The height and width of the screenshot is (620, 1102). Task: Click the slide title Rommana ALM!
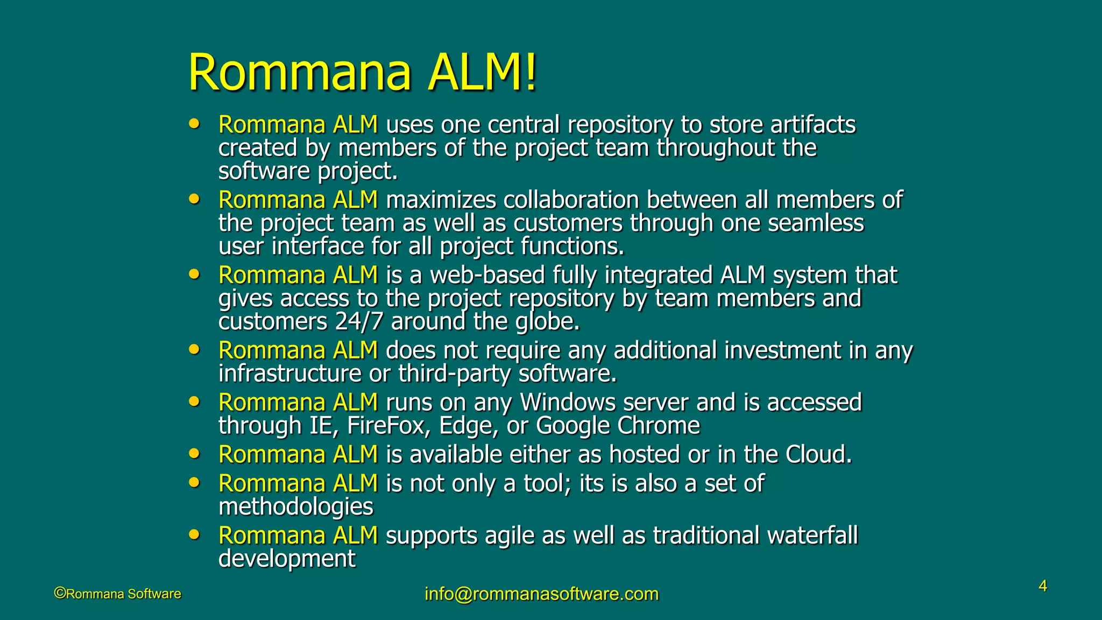[x=362, y=73]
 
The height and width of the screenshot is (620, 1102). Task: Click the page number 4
[x=1043, y=586]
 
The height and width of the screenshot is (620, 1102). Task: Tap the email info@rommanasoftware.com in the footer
[x=541, y=594]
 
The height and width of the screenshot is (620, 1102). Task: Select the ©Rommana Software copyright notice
[x=118, y=594]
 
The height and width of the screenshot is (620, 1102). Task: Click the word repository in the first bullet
[x=619, y=125]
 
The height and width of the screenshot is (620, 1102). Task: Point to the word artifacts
[x=813, y=125]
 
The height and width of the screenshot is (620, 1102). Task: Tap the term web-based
[x=487, y=276]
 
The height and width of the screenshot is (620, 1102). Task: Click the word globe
[x=547, y=322]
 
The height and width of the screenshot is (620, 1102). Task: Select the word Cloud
[x=818, y=455]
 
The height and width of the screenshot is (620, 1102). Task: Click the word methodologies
[x=295, y=507]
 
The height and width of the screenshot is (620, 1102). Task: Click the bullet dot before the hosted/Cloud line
[x=194, y=454]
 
